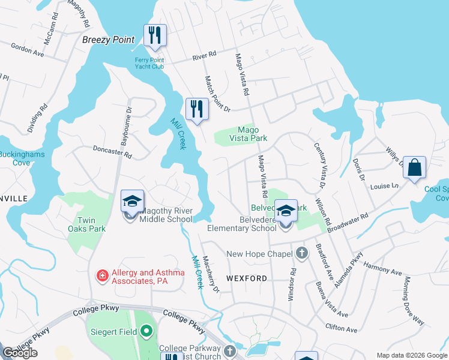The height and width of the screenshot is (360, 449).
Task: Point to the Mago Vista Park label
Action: (x=248, y=133)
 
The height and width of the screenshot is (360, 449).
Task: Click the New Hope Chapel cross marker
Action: (x=302, y=254)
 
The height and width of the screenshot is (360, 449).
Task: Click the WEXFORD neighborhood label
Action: (x=247, y=278)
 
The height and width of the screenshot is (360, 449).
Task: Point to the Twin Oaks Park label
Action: (x=86, y=224)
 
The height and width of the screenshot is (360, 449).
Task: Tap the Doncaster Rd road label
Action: (x=112, y=151)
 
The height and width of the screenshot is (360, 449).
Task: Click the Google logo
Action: (x=20, y=353)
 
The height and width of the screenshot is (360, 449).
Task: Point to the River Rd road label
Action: (x=204, y=56)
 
